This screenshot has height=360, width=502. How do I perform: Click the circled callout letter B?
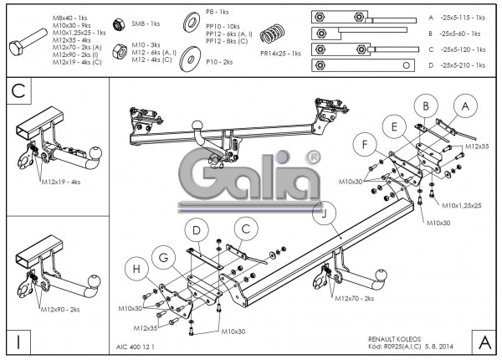(x=426, y=106)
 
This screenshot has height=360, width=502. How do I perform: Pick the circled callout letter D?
(x=195, y=229)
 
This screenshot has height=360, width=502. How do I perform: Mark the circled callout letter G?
(x=166, y=255)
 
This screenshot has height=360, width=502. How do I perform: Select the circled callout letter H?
(x=137, y=269)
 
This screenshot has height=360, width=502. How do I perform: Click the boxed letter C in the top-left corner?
(x=18, y=90)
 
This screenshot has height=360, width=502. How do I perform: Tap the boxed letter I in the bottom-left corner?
(x=18, y=341)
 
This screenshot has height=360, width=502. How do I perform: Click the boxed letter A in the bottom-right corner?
(x=483, y=341)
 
